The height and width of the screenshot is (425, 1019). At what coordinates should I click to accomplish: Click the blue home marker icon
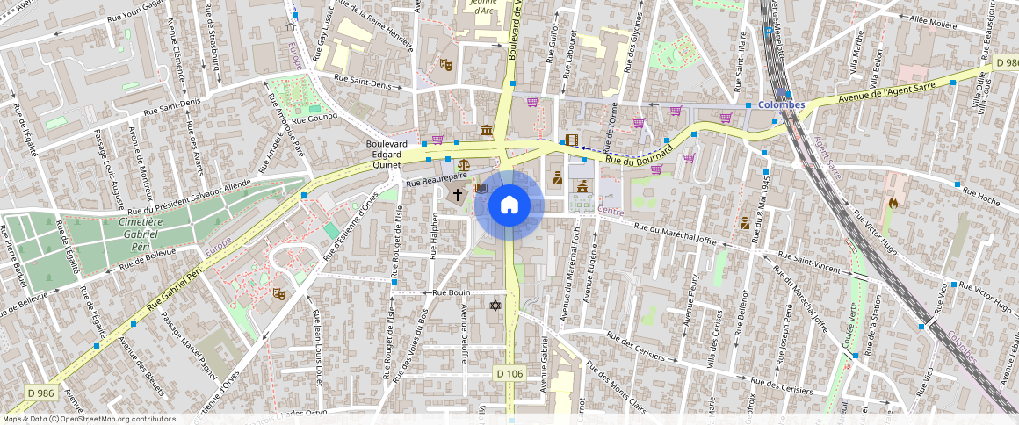coord(509,205)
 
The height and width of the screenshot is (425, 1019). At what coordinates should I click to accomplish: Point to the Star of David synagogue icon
coord(495,305)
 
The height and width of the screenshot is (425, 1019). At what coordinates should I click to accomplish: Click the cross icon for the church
coord(457,192)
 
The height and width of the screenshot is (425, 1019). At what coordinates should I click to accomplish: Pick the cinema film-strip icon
coord(572,140)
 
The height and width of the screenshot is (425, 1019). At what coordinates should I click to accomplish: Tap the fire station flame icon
coord(893,202)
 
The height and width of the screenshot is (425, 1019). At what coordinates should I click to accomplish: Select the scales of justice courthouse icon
coord(462,164)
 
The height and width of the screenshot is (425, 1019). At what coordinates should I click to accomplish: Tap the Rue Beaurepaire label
coord(435,179)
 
